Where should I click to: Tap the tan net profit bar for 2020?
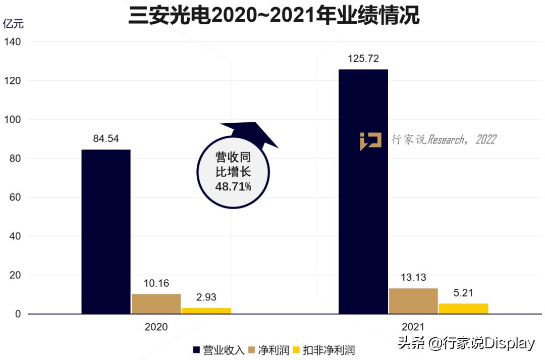156,304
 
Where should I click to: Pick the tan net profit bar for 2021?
413,301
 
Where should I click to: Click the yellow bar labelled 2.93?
206,311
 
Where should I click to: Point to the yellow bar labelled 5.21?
463,308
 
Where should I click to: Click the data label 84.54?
106,139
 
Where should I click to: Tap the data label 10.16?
156,283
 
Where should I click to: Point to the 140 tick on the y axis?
13,42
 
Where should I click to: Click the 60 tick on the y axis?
15,197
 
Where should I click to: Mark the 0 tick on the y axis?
18,314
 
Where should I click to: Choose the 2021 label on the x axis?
413,327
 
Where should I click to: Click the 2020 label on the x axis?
156,327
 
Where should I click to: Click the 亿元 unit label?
13,24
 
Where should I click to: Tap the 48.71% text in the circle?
233,187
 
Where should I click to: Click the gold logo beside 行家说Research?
370,141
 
